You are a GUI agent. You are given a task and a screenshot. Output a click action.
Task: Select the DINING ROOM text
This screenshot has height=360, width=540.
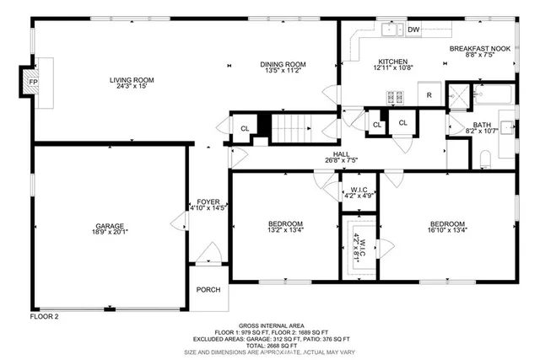(x=283, y=64)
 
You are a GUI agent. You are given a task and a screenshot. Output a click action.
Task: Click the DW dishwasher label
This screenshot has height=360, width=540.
(x=413, y=30)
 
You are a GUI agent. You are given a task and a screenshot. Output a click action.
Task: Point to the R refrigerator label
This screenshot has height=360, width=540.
(x=429, y=95)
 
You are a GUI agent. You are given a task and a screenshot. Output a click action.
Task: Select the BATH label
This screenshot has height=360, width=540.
(x=459, y=124)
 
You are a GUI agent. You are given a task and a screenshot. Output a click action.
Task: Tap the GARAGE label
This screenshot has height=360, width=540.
(x=110, y=226)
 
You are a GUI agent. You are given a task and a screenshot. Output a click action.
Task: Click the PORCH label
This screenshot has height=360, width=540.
(x=208, y=289)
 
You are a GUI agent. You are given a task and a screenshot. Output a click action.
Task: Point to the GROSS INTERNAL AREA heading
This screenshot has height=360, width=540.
(x=270, y=325)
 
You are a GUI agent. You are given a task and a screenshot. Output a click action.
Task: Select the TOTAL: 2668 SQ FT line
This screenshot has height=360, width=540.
(x=270, y=345)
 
